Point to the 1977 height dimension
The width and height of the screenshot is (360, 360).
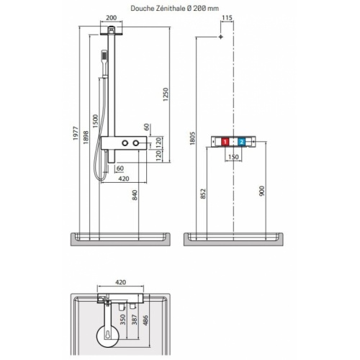click(75, 136)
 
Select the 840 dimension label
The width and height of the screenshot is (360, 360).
click(135, 195)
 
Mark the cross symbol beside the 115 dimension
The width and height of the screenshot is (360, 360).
click(222, 36)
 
